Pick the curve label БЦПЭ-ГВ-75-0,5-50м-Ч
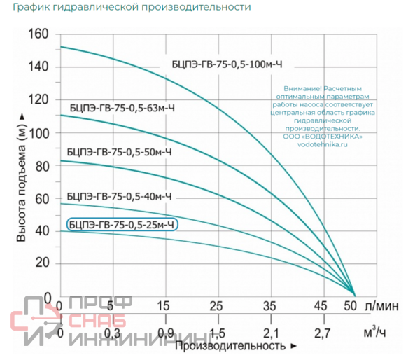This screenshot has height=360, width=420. pos(119,151)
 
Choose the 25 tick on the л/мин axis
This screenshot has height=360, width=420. pos(216,306)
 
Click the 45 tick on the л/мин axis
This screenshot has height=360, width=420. pos(320,306)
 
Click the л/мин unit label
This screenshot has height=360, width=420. pos(382,306)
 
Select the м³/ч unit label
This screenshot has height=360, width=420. pos(376,330)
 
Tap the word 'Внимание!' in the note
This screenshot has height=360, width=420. pos(300,89)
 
